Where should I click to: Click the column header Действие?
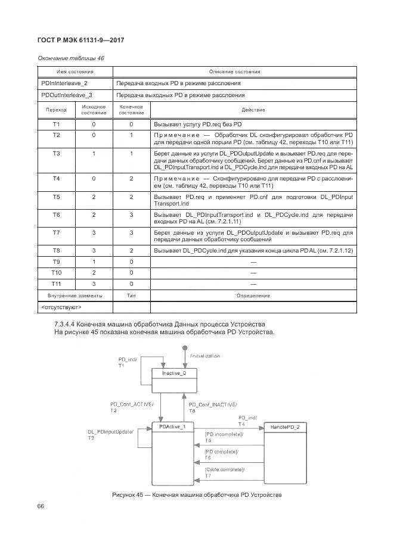point(253,110)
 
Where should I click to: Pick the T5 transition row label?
point(56,197)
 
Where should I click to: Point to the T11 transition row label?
point(56,284)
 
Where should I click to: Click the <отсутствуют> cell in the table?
point(61,307)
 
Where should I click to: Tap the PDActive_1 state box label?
point(173,427)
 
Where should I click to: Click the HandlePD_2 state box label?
point(284,427)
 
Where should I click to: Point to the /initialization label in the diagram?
point(204,356)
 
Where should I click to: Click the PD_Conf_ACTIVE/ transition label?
point(132,404)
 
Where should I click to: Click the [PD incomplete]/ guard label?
point(224,434)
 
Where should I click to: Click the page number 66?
point(41,506)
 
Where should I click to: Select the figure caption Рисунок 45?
point(196,495)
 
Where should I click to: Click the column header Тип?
point(131,295)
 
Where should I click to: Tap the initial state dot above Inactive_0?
point(185,347)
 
